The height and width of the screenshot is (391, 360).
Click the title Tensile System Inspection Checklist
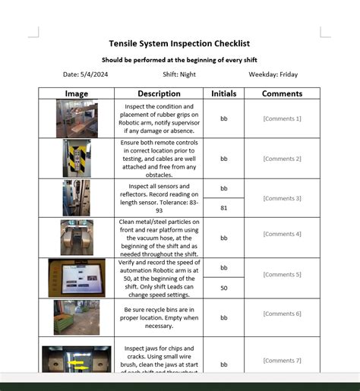tap(179, 43)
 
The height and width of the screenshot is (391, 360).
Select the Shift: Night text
tap(179, 74)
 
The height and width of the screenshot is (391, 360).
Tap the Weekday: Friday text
tap(273, 74)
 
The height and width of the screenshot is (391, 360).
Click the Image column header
tap(76, 93)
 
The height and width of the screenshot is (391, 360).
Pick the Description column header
tap(159, 93)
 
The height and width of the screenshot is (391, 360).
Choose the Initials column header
tap(223, 93)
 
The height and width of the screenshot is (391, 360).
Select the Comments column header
tap(282, 93)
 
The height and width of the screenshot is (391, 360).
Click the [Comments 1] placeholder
tap(282, 118)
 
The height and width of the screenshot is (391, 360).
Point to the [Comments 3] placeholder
tap(282, 198)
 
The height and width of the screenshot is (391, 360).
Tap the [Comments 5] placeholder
tap(282, 274)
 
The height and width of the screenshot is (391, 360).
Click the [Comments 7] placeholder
tap(282, 361)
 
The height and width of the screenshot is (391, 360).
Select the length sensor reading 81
tap(223, 207)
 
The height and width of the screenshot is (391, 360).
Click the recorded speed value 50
tap(223, 289)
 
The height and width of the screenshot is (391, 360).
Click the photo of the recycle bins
tap(76, 317)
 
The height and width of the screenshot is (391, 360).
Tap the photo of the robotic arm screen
tap(76, 277)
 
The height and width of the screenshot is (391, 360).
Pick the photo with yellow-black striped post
tap(76, 158)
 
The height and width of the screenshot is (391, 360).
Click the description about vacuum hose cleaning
tap(159, 238)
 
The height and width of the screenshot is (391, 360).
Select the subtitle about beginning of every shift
tap(179, 59)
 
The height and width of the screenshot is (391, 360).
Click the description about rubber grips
tap(159, 118)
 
